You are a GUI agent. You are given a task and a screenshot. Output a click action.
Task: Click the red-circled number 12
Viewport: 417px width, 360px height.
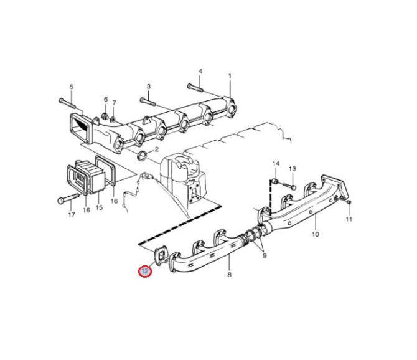[145, 271]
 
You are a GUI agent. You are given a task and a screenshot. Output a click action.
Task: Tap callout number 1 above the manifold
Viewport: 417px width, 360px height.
[230, 77]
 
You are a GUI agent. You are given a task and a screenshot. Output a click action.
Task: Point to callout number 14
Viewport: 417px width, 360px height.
[276, 163]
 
